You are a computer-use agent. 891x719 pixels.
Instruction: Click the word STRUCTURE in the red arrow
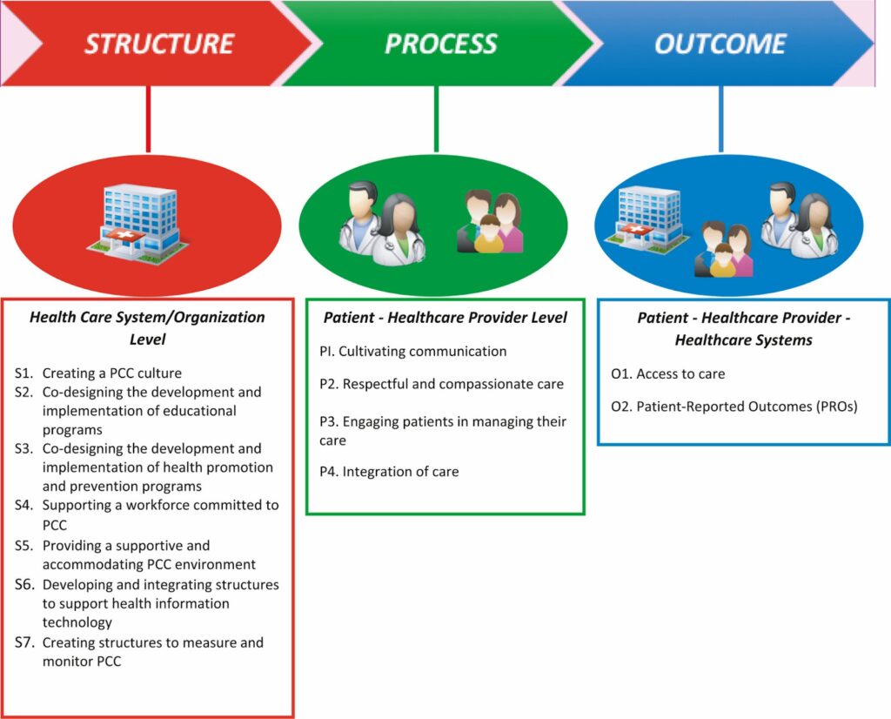point(158,44)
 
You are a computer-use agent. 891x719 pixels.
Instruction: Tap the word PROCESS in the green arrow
point(440,44)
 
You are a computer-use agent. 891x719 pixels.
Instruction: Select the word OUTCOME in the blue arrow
point(720,44)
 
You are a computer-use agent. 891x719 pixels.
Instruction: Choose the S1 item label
point(23,373)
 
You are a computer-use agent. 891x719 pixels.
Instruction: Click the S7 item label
point(23,643)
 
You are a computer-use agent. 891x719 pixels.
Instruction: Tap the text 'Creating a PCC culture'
point(112,373)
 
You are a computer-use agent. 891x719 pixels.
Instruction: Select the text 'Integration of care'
point(400,472)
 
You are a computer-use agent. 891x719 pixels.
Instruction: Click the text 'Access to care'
point(680,374)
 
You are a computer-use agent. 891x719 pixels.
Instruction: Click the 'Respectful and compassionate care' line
point(452,384)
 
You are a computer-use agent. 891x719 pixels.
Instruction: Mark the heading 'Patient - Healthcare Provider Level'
point(445,318)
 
